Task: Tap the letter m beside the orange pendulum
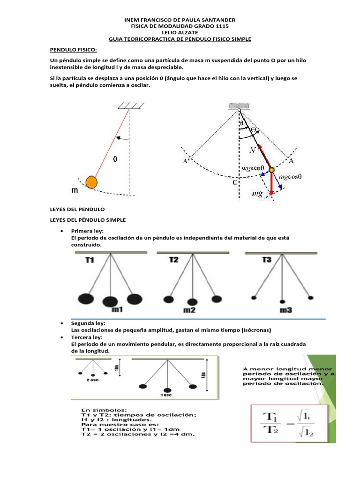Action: (75, 191)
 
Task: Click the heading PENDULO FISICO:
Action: (73, 49)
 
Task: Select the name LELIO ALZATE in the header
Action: (180, 33)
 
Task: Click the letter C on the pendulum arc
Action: (235, 183)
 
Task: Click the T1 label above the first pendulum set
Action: (90, 260)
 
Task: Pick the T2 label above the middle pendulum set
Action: (173, 260)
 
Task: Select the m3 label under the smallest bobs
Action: (285, 310)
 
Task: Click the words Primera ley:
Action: (87, 231)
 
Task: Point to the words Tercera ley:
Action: (86, 337)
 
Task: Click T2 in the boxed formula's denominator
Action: (270, 430)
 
